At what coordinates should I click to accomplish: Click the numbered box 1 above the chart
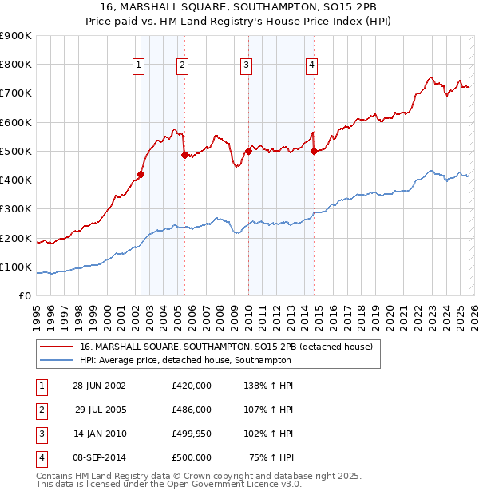coord(140,65)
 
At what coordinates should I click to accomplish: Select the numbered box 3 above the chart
coord(247,65)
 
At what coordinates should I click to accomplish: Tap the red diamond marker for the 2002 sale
coord(141,174)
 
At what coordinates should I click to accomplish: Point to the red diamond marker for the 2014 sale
coord(314,151)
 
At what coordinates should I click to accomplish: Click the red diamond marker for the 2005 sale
coord(184,156)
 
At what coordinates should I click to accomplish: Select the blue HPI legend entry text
coord(185,361)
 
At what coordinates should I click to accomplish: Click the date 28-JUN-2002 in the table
coord(99,386)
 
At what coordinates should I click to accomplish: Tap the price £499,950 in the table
coord(192,434)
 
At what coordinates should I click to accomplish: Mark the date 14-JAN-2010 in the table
coord(99,434)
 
